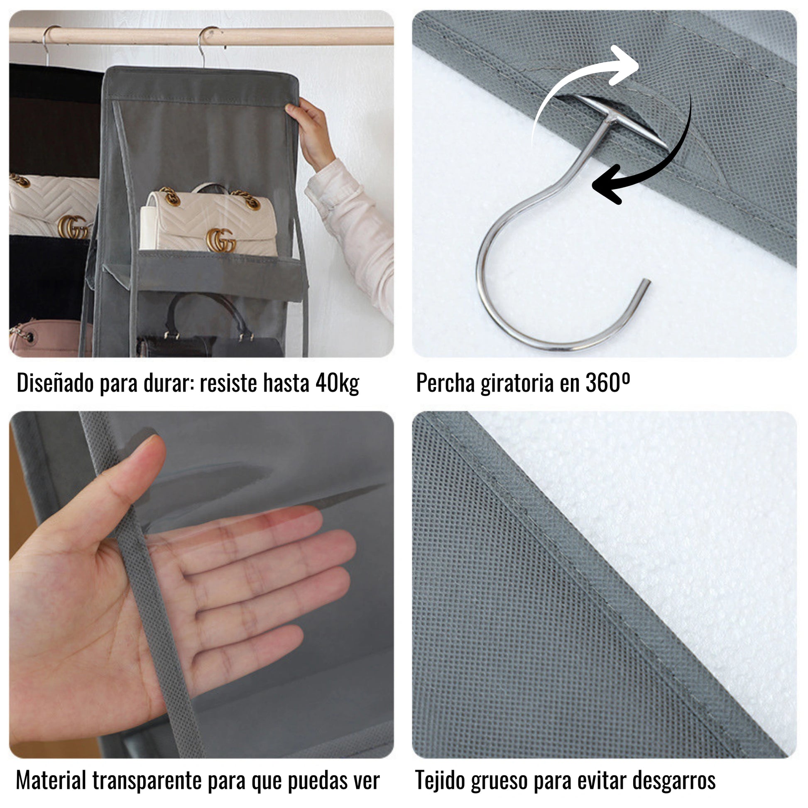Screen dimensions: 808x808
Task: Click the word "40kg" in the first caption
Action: (337, 383)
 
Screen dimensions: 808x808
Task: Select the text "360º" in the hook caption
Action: (608, 382)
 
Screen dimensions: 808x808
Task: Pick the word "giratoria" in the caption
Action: (517, 383)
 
